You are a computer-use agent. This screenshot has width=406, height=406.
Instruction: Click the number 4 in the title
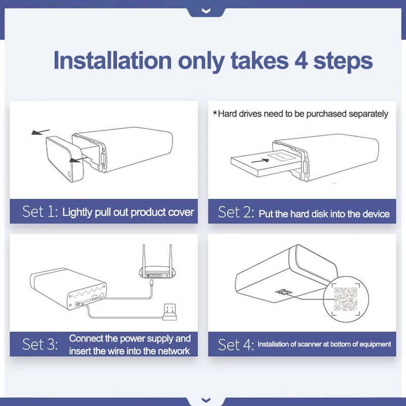(x=301, y=60)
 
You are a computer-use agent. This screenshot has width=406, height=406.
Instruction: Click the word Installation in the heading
(x=112, y=60)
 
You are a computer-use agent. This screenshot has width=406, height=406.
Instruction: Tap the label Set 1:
(x=40, y=212)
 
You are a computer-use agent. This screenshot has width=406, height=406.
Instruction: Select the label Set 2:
(x=236, y=212)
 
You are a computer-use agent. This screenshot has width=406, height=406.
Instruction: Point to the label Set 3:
(x=40, y=345)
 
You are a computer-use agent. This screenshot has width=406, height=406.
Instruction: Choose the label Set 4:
(x=236, y=345)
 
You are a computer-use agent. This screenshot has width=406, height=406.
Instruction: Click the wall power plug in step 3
(x=170, y=312)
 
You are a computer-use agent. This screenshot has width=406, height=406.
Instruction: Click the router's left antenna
(x=144, y=256)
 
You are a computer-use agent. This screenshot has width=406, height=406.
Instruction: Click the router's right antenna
(x=171, y=256)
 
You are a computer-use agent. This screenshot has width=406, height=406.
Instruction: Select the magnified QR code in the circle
(x=346, y=299)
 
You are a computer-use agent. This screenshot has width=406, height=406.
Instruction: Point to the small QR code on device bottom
(x=284, y=292)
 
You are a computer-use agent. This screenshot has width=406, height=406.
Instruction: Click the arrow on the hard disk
(x=260, y=161)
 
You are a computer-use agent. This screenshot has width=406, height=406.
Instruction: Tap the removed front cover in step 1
(x=65, y=159)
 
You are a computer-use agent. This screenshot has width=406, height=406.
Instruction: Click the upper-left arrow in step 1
(x=41, y=132)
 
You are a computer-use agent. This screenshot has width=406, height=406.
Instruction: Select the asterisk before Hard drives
(x=215, y=113)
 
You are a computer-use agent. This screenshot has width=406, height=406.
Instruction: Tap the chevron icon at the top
(x=206, y=11)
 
